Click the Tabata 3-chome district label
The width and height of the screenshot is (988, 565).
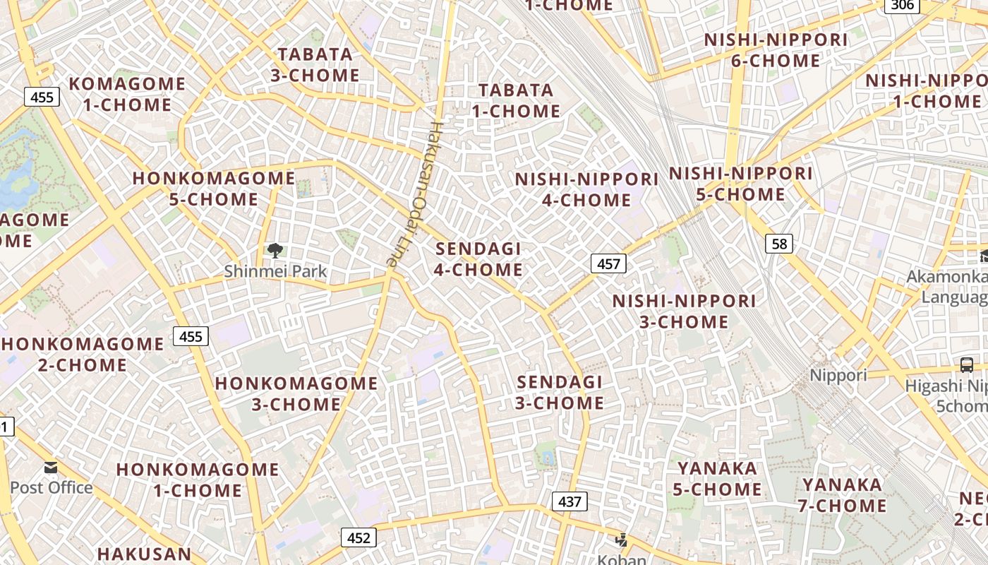tap(315, 65)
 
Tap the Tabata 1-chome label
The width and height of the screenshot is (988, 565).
tap(516, 100)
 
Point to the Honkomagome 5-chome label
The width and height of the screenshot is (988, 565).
tap(213, 189)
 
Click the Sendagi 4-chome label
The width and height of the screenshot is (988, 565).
tap(478, 259)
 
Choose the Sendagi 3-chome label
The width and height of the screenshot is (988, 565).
tap(560, 393)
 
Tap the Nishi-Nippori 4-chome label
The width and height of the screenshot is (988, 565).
tap(586, 189)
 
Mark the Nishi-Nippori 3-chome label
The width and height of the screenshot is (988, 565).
tap(684, 311)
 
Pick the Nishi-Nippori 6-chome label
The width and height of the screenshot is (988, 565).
tap(776, 50)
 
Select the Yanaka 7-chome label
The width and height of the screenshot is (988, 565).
tap(842, 495)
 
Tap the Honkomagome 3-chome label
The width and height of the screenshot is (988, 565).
tap(296, 394)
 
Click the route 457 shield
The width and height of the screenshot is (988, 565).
tap(608, 264)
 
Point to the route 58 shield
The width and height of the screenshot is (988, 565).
tap(779, 244)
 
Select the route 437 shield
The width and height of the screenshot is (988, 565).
tap(569, 501)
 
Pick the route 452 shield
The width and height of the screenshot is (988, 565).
tap(359, 537)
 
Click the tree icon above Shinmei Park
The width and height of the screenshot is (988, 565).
tap(275, 250)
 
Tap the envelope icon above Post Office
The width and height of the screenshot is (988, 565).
tap(51, 468)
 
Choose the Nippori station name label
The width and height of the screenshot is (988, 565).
tap(838, 375)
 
